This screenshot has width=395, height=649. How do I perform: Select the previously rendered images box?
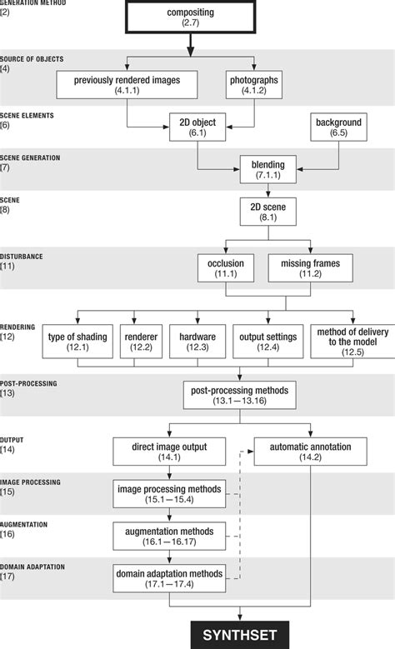click(127, 85)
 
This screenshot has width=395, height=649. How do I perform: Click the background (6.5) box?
click(338, 127)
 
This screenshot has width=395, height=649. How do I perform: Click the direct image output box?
click(170, 452)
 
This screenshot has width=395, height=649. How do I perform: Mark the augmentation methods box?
click(170, 536)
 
